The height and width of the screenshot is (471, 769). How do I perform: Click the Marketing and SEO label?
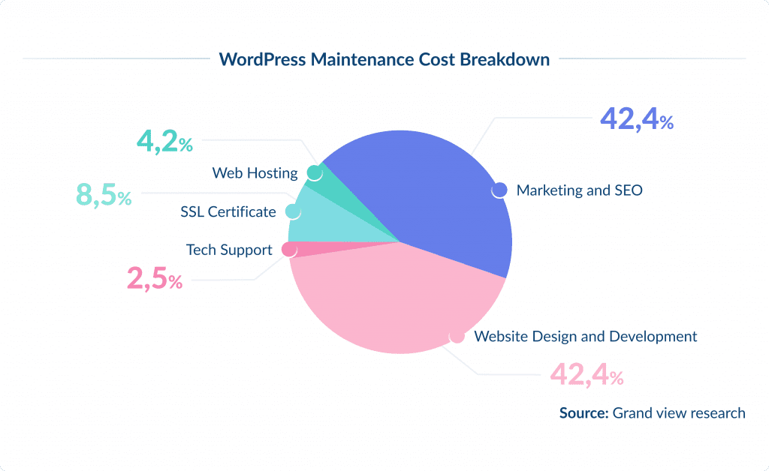579,190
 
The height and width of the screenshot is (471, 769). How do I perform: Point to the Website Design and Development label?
585,336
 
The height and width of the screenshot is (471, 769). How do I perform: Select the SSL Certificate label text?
228,212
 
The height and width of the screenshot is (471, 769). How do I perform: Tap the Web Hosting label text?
255,173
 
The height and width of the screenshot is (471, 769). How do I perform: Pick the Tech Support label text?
229,250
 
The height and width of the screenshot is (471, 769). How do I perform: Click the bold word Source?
584,412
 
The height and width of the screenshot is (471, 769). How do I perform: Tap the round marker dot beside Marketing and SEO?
499,190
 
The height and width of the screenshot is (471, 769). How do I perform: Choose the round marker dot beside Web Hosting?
315,173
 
